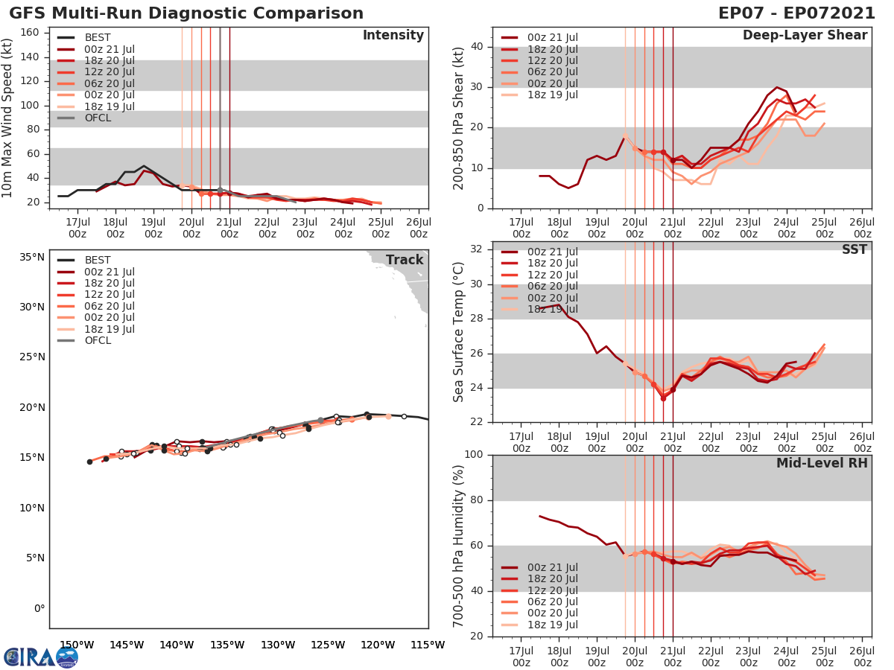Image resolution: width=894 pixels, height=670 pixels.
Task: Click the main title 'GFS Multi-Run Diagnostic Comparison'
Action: tap(186, 13)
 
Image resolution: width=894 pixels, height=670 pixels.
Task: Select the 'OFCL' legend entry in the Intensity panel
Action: tap(98, 118)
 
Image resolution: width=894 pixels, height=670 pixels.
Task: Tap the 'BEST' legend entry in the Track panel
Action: tap(98, 260)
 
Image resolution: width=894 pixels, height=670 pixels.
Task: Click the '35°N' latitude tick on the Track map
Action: tap(32, 258)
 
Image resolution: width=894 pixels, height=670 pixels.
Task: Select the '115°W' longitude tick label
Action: tap(428, 645)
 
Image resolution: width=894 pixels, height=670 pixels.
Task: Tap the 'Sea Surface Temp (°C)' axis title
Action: tap(459, 331)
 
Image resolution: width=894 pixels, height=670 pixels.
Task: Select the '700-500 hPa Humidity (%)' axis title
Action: tap(459, 546)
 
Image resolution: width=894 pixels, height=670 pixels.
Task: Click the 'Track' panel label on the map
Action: tap(404, 260)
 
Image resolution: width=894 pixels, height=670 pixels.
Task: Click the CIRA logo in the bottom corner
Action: tap(41, 657)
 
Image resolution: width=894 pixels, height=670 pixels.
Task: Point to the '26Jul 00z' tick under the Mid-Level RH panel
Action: tap(862, 651)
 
